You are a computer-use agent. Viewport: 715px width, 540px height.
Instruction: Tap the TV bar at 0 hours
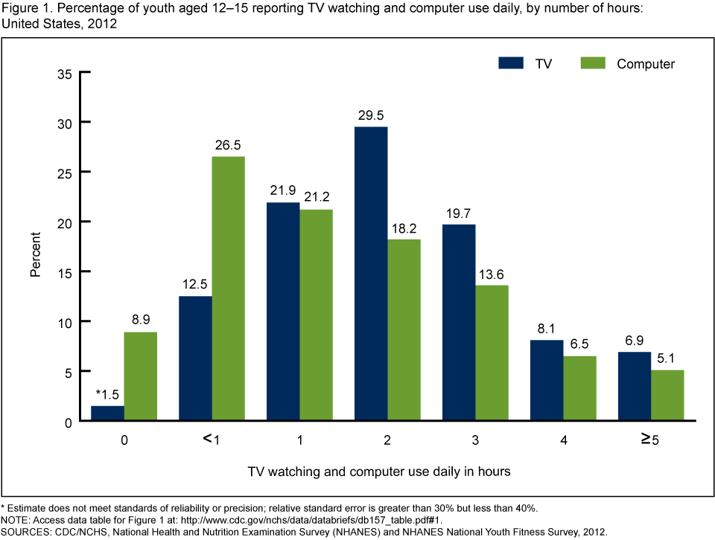coord(108,414)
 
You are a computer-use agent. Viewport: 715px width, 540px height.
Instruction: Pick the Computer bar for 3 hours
coord(491,353)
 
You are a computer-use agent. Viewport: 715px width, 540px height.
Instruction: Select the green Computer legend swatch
coord(593,63)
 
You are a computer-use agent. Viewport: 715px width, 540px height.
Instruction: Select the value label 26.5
coord(229,144)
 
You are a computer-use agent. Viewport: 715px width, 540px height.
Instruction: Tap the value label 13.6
coord(492,273)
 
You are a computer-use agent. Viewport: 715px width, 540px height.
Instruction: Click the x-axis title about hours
coord(379,471)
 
